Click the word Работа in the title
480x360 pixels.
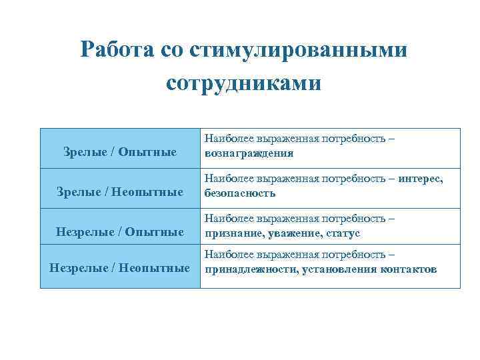[x=117, y=50]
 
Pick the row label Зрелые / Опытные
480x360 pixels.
[x=120, y=153]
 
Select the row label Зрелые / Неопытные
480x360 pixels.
[x=120, y=193]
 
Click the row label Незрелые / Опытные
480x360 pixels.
[x=120, y=232]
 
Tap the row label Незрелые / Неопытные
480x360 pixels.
[x=120, y=268]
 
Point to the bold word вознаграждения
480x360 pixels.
[x=249, y=153]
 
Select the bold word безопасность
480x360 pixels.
[x=239, y=193]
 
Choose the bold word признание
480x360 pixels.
[x=231, y=233]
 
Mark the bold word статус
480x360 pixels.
[x=340, y=233]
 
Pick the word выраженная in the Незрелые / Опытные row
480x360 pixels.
[x=285, y=220]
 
